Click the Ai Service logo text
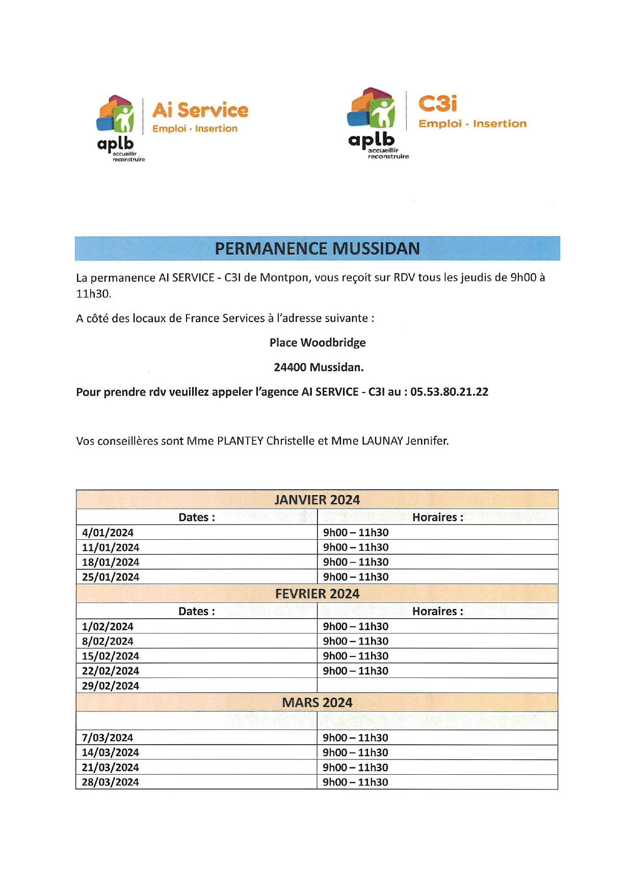[x=200, y=110]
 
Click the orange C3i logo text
[x=437, y=103]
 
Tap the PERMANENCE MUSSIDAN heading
[x=317, y=249]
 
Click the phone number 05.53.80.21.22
[x=449, y=392]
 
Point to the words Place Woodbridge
[x=318, y=343]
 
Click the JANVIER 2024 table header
[x=317, y=499]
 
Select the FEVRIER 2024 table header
[x=317, y=594]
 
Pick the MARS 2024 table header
[x=317, y=703]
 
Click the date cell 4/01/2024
[x=108, y=533]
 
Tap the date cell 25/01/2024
[x=111, y=577]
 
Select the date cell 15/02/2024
[x=111, y=656]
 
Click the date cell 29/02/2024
[x=111, y=686]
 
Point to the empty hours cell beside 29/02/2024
[x=437, y=686]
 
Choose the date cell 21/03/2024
[x=111, y=768]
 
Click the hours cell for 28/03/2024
[x=356, y=782]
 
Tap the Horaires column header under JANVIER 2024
[x=438, y=517]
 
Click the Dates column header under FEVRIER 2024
[x=197, y=612]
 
